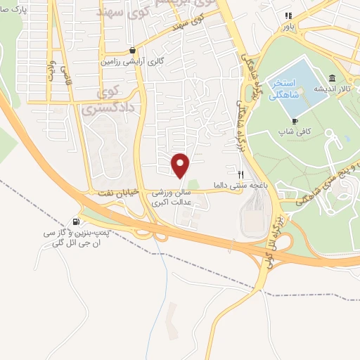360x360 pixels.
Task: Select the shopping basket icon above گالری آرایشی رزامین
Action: [133, 51]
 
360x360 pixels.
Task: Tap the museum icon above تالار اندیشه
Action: [331, 77]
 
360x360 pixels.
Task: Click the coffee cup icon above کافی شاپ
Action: [295, 120]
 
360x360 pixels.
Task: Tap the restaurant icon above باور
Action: [286, 15]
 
